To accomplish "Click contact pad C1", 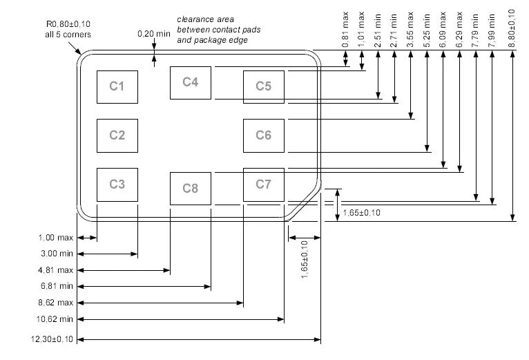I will [117, 86].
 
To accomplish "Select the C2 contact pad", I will [117, 135].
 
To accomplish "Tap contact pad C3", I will [117, 184].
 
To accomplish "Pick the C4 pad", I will [191, 82].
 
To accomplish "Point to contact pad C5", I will [264, 86].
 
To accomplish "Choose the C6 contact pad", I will [264, 135].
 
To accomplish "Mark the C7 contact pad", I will [264, 184].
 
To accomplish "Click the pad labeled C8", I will [191, 188].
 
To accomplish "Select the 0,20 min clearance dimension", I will [153, 33].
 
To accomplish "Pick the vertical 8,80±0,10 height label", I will [511, 27].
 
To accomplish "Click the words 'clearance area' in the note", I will [201, 19].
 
